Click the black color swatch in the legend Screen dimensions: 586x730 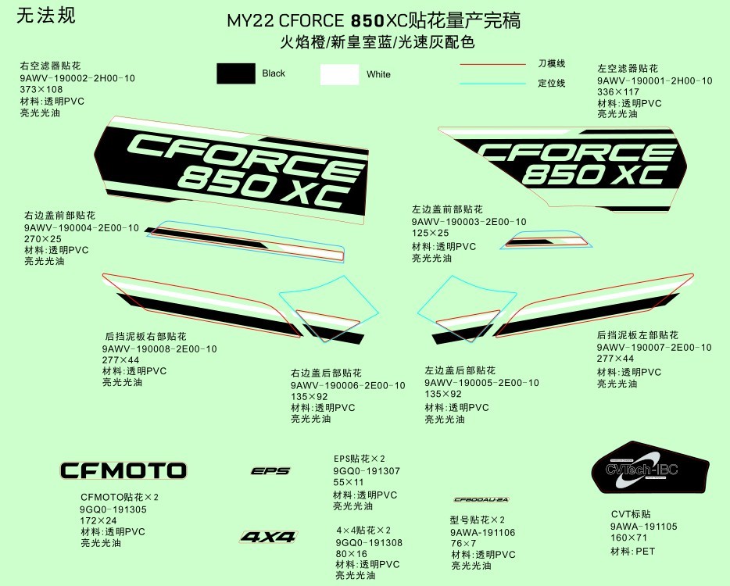pyautogui.click(x=236, y=73)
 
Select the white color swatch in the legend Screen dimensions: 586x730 pyautogui.click(x=339, y=74)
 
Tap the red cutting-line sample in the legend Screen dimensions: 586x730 pyautogui.click(x=492, y=64)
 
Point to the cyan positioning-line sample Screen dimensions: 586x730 pyautogui.click(x=492, y=83)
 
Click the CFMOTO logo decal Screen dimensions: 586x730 pyautogui.click(x=123, y=470)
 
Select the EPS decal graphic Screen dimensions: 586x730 pyautogui.click(x=270, y=471)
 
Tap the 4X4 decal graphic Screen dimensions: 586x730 pyautogui.click(x=268, y=537)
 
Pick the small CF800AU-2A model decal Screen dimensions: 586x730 pyautogui.click(x=481, y=499)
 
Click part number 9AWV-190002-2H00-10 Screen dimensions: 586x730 pyautogui.click(x=77, y=78)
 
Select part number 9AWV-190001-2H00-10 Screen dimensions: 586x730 pyautogui.click(x=654, y=80)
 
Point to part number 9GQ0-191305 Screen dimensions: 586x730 pyautogui.click(x=113, y=509)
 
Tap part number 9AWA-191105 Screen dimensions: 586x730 pyautogui.click(x=643, y=527)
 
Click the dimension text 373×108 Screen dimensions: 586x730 pyautogui.click(x=41, y=90)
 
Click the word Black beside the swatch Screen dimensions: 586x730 pyautogui.click(x=274, y=73)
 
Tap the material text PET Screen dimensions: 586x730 pyautogui.click(x=646, y=552)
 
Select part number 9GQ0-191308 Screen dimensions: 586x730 pyautogui.click(x=369, y=542)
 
